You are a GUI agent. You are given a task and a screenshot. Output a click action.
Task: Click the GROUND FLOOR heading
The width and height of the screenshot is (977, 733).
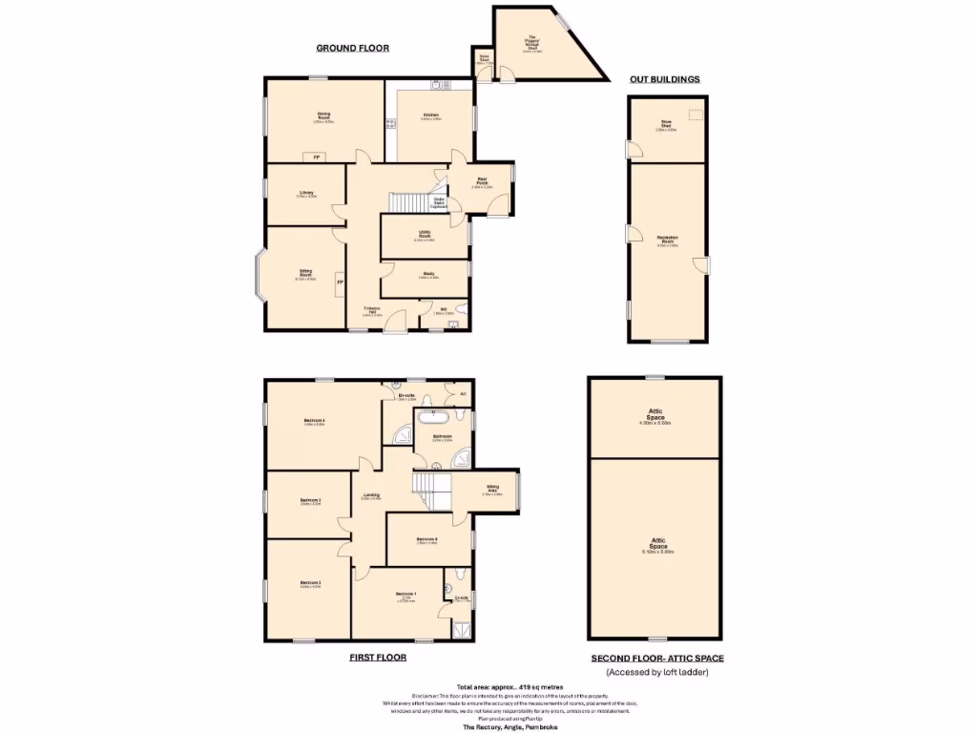pyautogui.click(x=352, y=48)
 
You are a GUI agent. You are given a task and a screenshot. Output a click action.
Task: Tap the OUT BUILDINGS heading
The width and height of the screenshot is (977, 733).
pyautogui.click(x=665, y=78)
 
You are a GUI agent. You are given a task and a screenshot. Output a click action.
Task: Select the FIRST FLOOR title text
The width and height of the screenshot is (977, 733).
pyautogui.click(x=377, y=658)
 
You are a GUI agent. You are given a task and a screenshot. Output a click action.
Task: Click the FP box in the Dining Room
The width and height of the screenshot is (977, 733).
pyautogui.click(x=312, y=157)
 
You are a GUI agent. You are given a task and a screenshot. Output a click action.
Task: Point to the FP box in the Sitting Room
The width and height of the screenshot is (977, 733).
pyautogui.click(x=339, y=283)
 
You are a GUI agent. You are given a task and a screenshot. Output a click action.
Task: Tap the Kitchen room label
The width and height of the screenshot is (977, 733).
pyautogui.click(x=431, y=116)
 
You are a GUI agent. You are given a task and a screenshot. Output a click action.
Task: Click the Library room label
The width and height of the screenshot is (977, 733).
pyautogui.click(x=306, y=194)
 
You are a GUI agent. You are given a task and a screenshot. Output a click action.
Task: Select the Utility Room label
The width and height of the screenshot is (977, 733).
pyautogui.click(x=426, y=235)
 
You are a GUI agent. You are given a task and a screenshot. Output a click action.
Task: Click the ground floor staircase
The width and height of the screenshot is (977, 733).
pyautogui.click(x=406, y=202)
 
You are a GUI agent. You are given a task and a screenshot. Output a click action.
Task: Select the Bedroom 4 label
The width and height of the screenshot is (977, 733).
pyautogui.click(x=314, y=422)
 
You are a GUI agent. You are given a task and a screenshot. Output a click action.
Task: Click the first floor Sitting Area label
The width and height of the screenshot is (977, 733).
pyautogui.click(x=492, y=489)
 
